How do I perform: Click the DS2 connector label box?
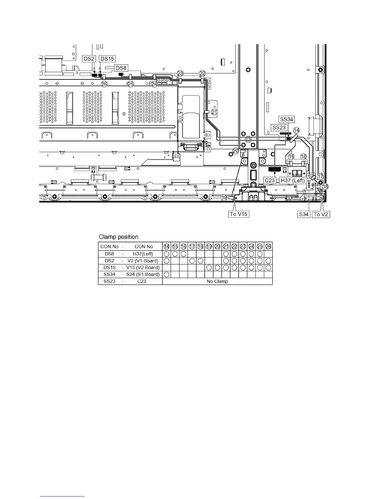(x=89, y=59)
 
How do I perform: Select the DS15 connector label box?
(x=107, y=59)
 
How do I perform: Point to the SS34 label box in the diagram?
(x=287, y=119)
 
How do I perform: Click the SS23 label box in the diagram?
(x=279, y=128)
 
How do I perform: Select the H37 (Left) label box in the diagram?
(x=293, y=181)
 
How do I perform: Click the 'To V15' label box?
(x=239, y=214)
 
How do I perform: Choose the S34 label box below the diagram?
(x=304, y=214)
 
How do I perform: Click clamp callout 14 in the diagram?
(x=296, y=130)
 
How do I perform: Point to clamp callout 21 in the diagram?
(x=214, y=112)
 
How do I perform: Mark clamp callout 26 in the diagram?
(x=104, y=84)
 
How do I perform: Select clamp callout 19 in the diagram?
(x=224, y=198)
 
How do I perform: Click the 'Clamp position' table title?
(x=119, y=237)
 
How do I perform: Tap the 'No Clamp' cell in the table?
(x=217, y=281)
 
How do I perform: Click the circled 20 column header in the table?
(x=217, y=247)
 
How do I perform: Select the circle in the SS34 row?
(x=167, y=274)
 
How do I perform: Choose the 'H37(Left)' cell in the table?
(x=143, y=254)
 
